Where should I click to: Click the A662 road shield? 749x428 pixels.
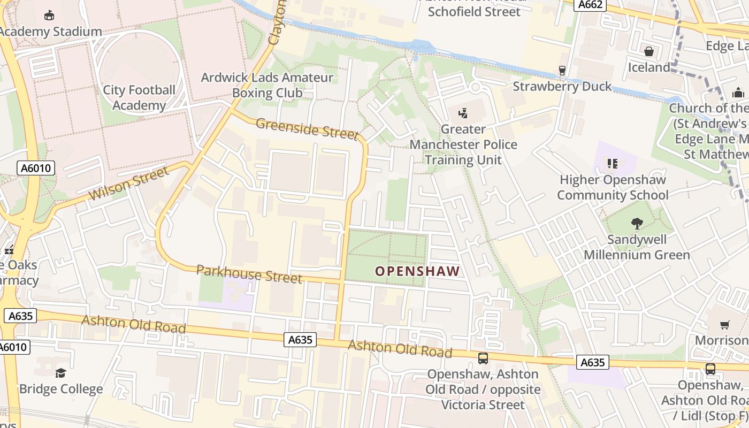point(591,5)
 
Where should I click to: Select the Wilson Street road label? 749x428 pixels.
point(129,183)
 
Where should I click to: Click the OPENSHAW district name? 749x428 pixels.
point(417,271)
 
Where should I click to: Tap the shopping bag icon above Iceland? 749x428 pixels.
point(649,51)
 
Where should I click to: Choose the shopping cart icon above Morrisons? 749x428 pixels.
point(725,325)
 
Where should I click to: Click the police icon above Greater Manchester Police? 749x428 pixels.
point(463,113)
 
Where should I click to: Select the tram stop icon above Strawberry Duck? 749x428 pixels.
point(562,70)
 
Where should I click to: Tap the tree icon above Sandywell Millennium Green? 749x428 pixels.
point(637,223)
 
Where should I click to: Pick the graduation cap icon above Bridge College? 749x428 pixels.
point(60,373)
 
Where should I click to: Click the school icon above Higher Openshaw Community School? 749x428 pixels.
point(613,163)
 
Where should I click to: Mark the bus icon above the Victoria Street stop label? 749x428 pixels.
point(483,358)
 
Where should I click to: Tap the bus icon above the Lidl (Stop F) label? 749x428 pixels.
point(710,369)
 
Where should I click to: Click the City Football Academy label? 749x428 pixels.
point(139,97)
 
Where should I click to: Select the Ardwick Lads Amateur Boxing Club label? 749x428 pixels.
point(267,85)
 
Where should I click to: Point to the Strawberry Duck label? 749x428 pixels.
point(562,86)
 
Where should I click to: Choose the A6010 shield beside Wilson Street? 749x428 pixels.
point(36,169)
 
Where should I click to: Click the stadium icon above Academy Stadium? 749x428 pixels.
point(49,15)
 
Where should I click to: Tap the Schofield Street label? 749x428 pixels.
point(474,11)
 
